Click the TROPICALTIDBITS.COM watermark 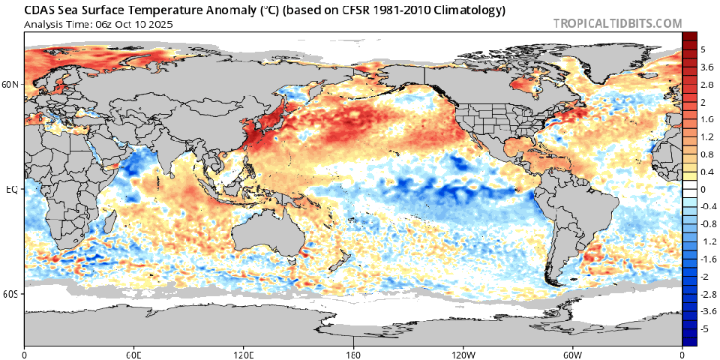(617, 23)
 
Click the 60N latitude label (10, 85)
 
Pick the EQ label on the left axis (11, 190)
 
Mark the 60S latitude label (10, 295)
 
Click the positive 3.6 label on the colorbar (706, 67)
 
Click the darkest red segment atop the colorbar (690, 37)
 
